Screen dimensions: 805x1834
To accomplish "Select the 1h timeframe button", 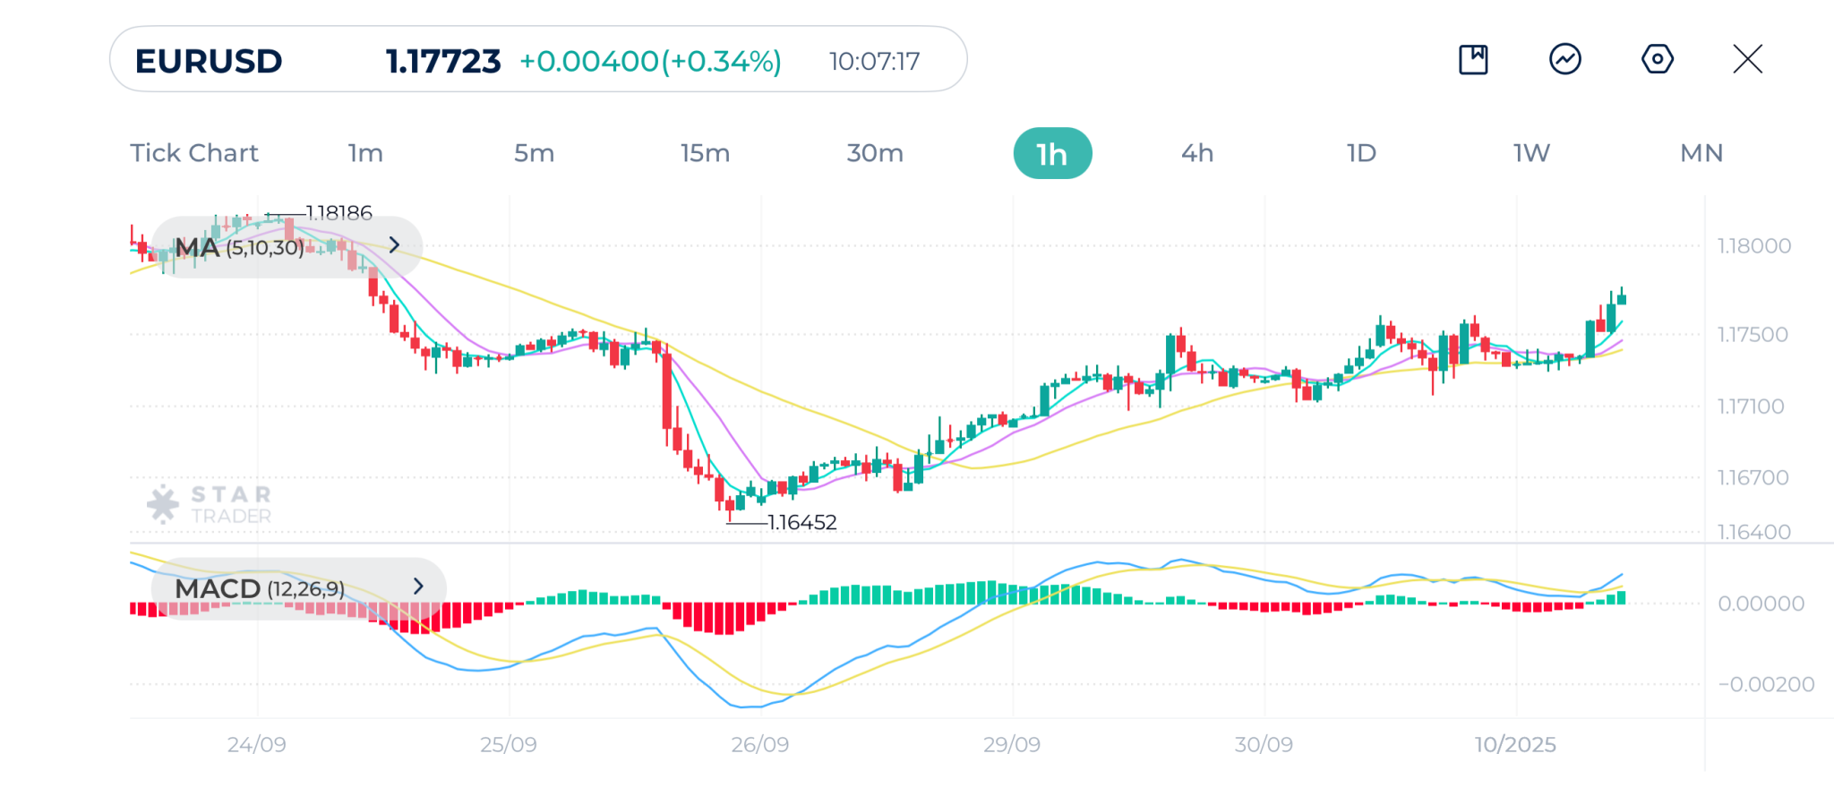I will click(x=1052, y=154).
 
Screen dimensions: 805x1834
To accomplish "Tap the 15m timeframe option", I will click(x=705, y=153).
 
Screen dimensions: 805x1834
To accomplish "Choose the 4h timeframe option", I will click(x=1197, y=153).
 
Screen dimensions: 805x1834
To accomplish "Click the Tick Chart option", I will click(x=194, y=153).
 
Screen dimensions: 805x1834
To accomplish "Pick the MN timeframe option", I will click(x=1701, y=153).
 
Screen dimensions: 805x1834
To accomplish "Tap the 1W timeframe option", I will click(x=1531, y=153).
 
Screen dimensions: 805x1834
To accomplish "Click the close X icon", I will click(x=1747, y=60).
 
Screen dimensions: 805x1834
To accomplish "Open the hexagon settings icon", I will click(x=1657, y=60).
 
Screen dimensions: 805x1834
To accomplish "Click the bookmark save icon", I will click(x=1473, y=60).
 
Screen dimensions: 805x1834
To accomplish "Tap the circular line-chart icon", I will click(x=1564, y=60).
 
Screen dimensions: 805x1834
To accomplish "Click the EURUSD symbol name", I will click(x=209, y=62).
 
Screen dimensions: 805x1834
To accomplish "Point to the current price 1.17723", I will click(x=443, y=62).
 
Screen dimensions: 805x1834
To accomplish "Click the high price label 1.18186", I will click(x=339, y=213).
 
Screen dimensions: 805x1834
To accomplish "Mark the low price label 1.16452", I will click(x=802, y=523).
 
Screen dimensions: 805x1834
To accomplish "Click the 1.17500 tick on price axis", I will click(x=1752, y=335).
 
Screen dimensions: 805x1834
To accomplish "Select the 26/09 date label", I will click(x=759, y=745).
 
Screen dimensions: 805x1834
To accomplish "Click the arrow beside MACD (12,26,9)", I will click(x=418, y=587).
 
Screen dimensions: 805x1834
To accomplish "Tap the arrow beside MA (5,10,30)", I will click(x=394, y=245).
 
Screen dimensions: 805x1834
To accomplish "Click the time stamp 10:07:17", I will click(x=874, y=62).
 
